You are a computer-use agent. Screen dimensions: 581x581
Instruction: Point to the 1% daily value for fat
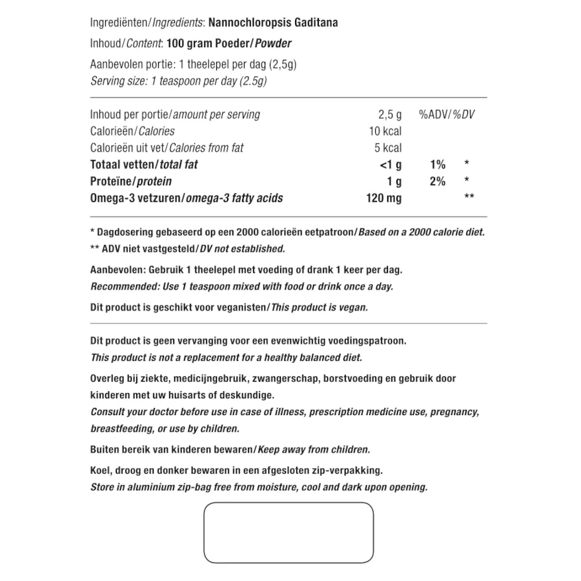tap(437, 165)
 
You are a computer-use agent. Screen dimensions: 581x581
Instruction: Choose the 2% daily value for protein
tap(437, 181)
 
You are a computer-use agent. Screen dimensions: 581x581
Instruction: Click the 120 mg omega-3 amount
tap(383, 198)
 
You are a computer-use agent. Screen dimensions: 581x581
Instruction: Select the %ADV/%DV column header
tap(446, 114)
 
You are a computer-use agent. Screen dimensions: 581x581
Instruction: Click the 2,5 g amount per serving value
tap(389, 114)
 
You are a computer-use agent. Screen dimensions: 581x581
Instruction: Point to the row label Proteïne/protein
tap(131, 181)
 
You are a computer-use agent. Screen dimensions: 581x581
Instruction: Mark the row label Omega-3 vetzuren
tap(136, 198)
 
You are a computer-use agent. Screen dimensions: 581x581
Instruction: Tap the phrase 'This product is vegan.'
tap(319, 307)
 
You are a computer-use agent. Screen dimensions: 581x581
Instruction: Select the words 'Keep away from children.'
tap(314, 449)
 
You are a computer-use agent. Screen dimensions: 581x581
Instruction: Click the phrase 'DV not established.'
tap(240, 249)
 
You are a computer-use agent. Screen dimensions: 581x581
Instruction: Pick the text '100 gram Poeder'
tap(206, 44)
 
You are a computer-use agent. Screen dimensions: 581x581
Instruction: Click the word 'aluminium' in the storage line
tap(140, 487)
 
